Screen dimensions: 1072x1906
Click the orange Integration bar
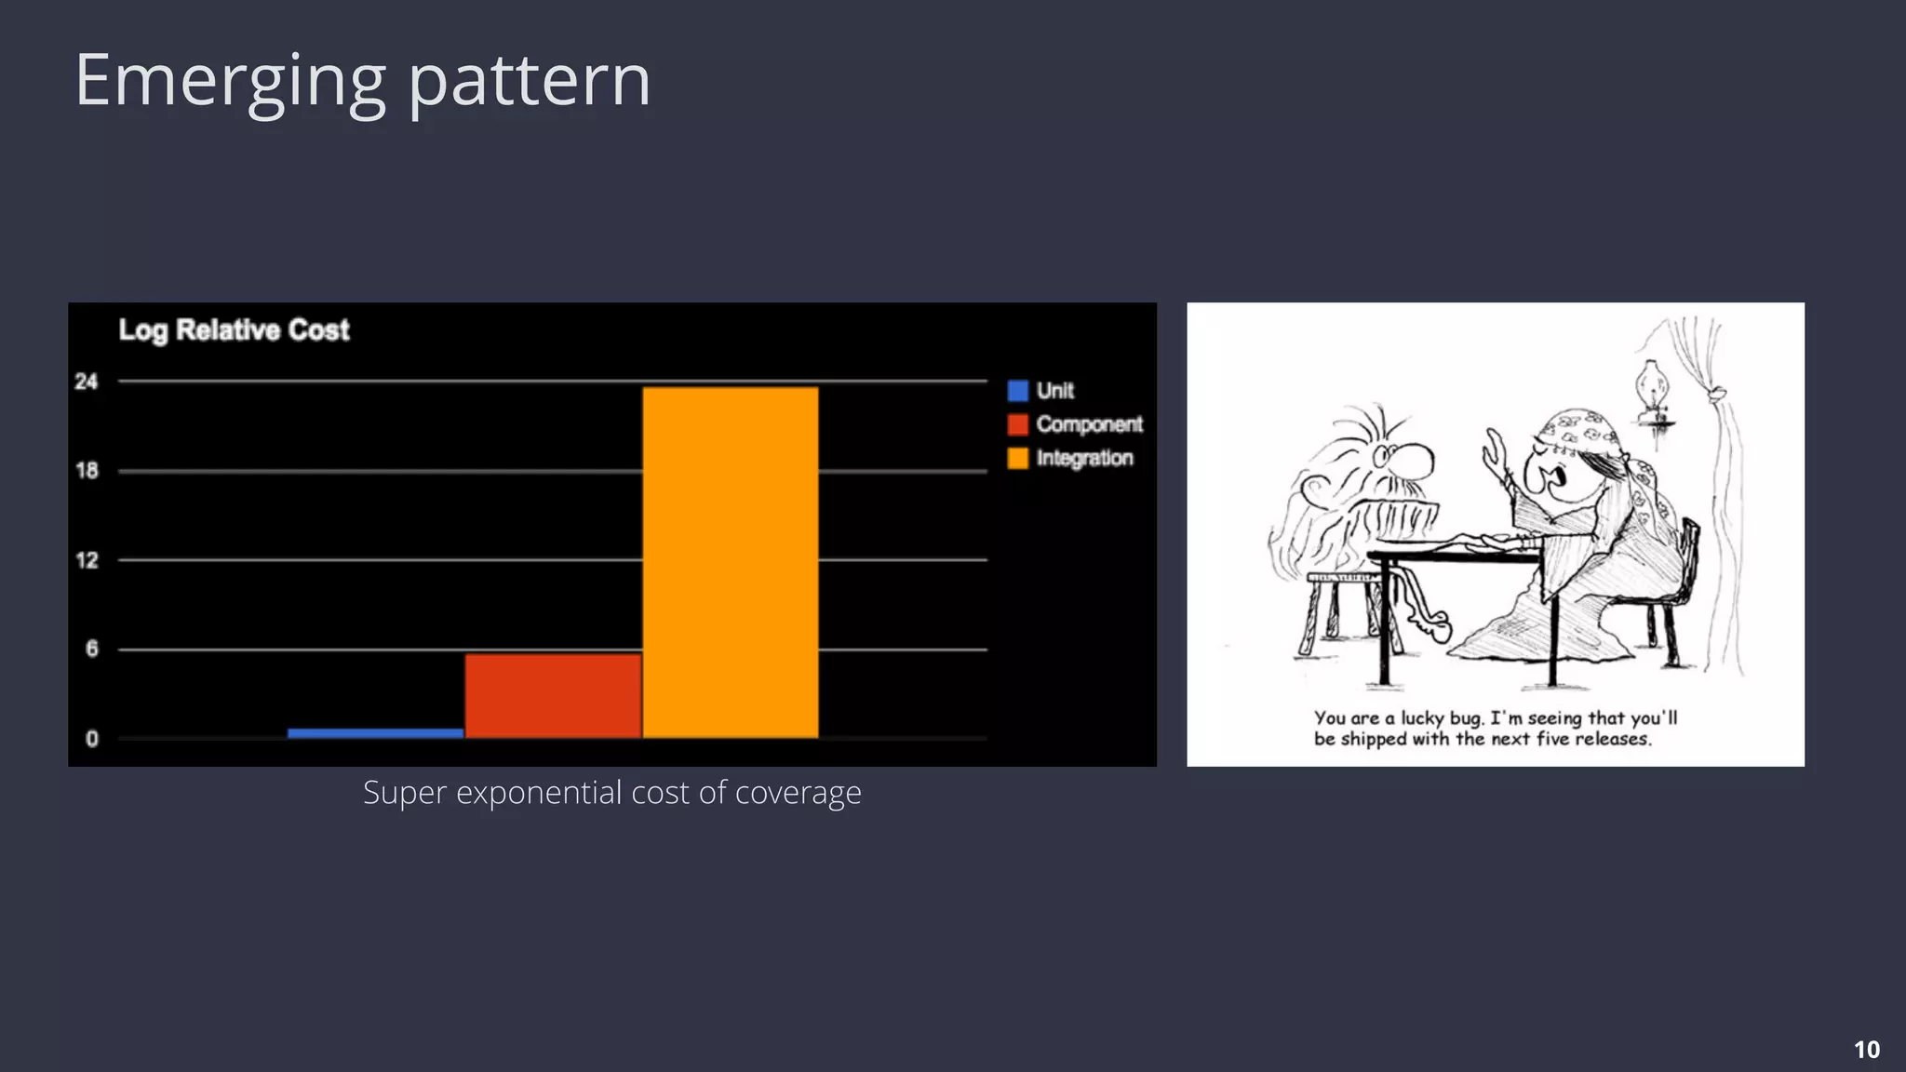731,562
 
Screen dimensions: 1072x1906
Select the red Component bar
553,695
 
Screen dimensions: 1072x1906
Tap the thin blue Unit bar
375,733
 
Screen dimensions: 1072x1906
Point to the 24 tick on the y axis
87,382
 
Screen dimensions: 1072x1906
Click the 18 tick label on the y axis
87,471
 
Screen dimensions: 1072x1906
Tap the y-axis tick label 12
87,560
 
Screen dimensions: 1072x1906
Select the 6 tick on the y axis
91,649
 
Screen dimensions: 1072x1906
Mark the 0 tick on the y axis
91,739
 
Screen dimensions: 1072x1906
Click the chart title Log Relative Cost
234,330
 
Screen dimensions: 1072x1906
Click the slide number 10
1866,1050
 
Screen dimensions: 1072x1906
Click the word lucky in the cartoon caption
1423,718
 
